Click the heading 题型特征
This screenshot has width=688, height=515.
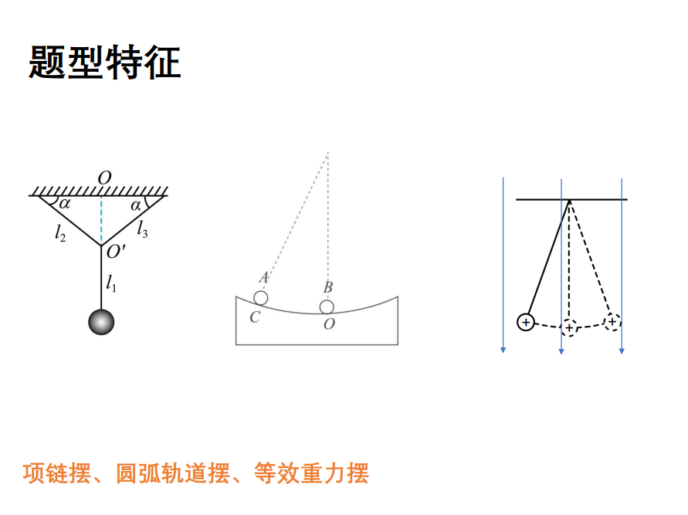point(105,63)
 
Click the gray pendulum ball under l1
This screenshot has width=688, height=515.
point(101,321)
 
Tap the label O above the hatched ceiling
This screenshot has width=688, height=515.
point(103,178)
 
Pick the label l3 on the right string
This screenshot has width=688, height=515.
point(143,229)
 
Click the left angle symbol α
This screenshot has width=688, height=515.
point(64,205)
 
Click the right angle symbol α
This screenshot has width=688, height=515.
point(136,205)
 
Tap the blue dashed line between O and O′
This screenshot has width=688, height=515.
point(101,220)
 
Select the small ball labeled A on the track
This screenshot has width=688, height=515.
point(261,298)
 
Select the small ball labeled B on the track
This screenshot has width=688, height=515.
point(328,307)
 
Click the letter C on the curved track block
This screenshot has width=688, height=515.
point(254,317)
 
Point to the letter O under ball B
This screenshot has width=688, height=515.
point(329,324)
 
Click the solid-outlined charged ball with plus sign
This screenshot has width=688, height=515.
point(525,322)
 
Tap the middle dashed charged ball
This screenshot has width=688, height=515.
point(569,327)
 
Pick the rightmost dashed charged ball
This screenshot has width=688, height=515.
point(612,321)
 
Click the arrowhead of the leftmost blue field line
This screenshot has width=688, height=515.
point(503,350)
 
